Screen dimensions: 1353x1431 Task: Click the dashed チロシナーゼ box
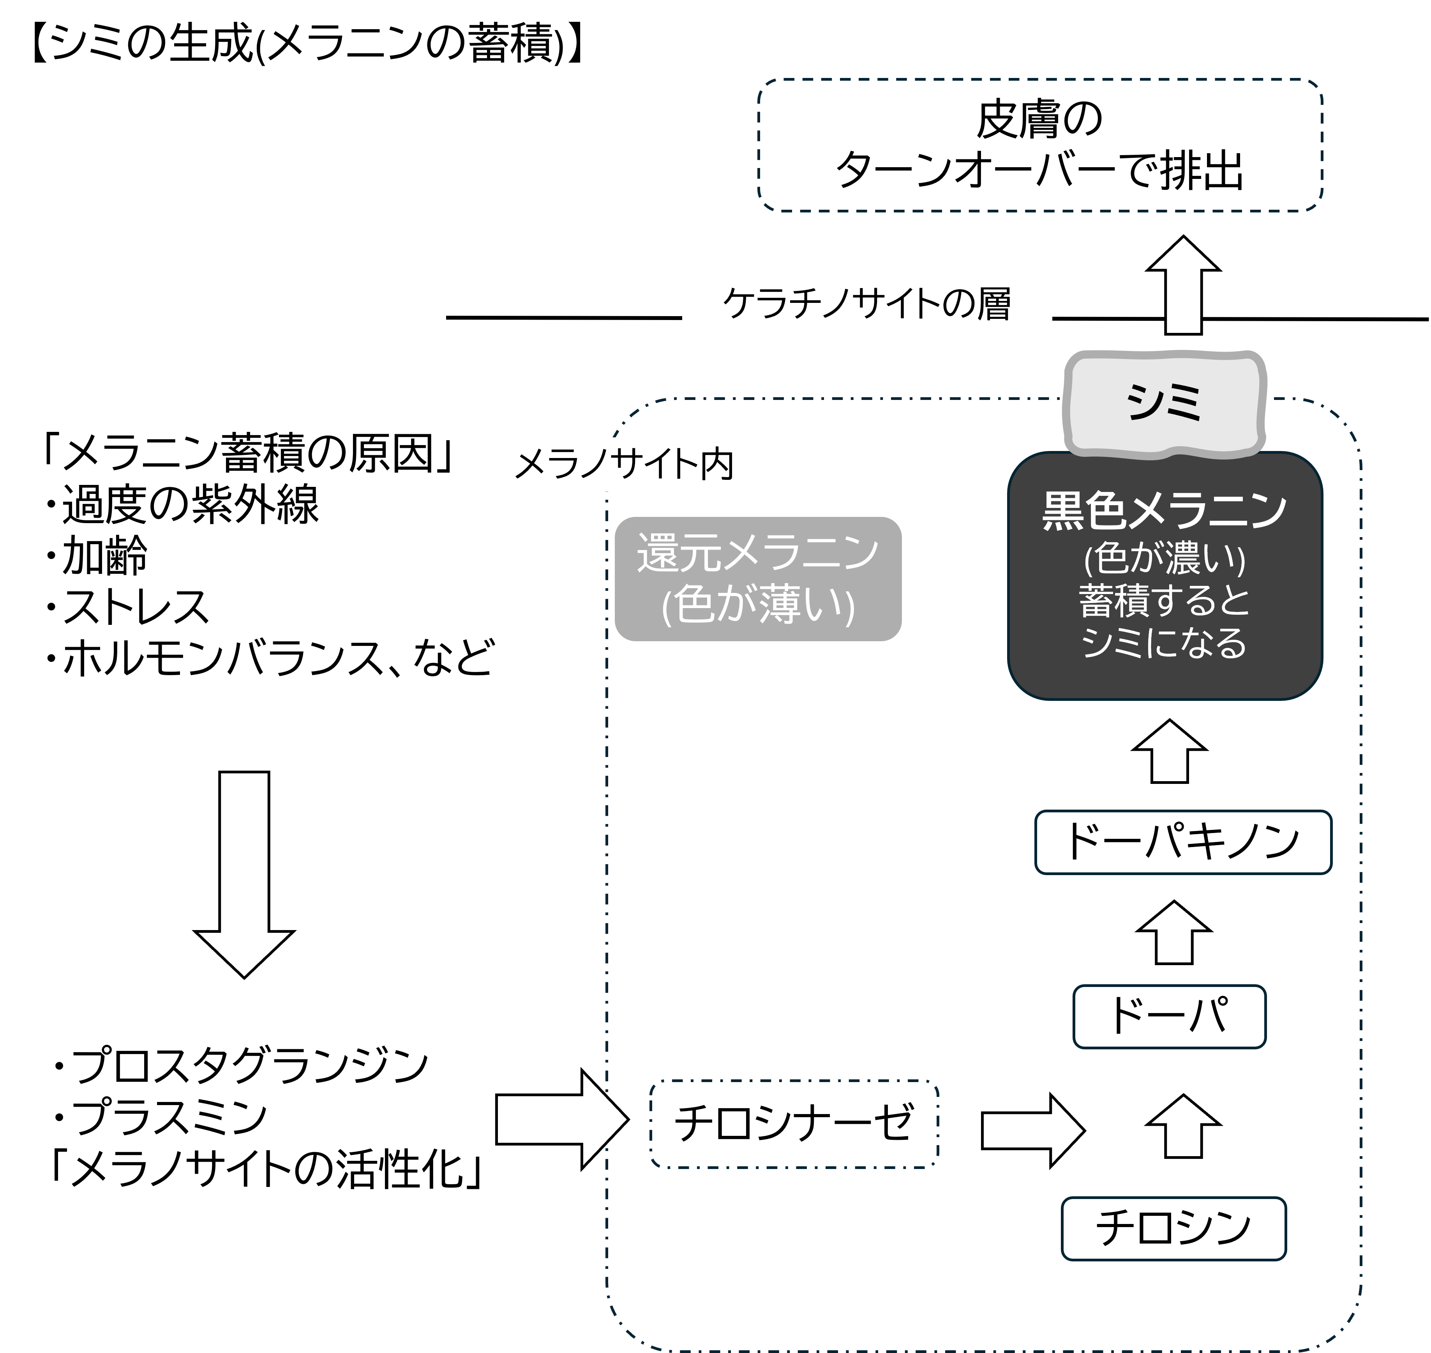[794, 1123]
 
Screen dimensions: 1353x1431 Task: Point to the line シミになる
[1164, 642]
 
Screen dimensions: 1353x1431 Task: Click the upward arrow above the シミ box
[1183, 287]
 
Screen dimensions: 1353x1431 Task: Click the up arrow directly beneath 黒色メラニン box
[1169, 752]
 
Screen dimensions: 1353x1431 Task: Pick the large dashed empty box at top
[1039, 145]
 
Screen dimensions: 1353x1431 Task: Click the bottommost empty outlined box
[1173, 1228]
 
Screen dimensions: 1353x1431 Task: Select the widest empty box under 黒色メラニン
[1183, 842]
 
